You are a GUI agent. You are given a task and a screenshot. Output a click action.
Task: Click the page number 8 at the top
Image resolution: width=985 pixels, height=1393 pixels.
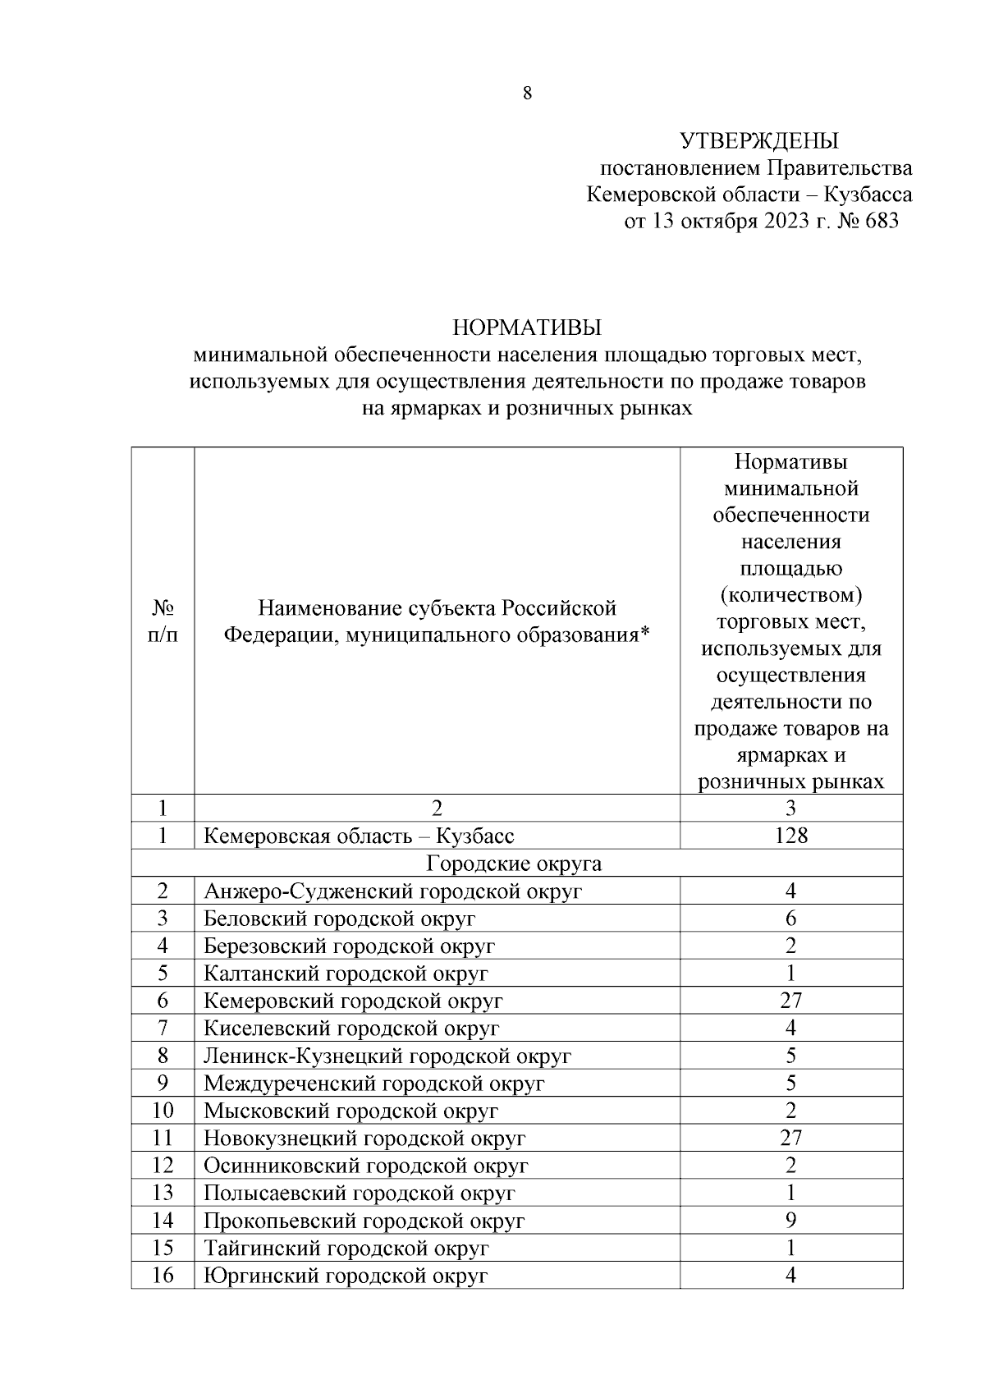tap(527, 94)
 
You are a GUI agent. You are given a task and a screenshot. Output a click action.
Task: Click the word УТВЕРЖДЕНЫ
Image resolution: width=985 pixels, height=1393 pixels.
tap(759, 141)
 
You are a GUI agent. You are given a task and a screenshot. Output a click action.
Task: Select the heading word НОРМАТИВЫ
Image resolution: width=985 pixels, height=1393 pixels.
tap(527, 328)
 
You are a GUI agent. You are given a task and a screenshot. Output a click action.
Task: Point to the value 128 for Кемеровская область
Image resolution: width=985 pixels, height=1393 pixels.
tap(790, 836)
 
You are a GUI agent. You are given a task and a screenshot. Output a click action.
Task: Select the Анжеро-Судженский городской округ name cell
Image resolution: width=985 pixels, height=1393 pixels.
tap(392, 891)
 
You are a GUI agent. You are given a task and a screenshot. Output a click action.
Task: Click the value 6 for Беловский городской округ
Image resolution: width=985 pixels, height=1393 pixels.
tap(790, 919)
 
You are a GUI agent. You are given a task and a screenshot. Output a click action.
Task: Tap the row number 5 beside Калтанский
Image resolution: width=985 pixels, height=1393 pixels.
tap(163, 974)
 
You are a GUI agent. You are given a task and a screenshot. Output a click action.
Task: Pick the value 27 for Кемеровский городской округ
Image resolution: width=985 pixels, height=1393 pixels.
tap(790, 1001)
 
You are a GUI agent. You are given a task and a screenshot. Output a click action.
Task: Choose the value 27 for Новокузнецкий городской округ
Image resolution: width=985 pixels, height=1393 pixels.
tap(790, 1138)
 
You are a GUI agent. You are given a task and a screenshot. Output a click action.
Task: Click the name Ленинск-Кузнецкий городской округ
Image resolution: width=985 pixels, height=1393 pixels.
tap(387, 1056)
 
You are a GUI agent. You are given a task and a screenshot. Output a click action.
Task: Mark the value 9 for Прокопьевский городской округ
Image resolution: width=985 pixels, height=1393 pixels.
tap(790, 1221)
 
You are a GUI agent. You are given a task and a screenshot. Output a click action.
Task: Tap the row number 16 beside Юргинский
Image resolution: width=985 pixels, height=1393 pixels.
tap(163, 1276)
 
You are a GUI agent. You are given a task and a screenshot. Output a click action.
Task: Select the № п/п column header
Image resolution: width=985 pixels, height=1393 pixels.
tap(163, 621)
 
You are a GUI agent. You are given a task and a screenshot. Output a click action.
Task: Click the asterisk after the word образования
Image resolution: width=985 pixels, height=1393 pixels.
tap(644, 633)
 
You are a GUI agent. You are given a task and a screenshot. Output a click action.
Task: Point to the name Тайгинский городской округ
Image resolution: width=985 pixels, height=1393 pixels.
tap(346, 1249)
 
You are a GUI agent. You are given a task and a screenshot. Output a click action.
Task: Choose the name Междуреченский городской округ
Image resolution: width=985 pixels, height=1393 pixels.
tap(373, 1084)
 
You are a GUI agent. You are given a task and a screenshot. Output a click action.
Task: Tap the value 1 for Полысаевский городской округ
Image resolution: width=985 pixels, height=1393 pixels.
tap(790, 1193)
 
